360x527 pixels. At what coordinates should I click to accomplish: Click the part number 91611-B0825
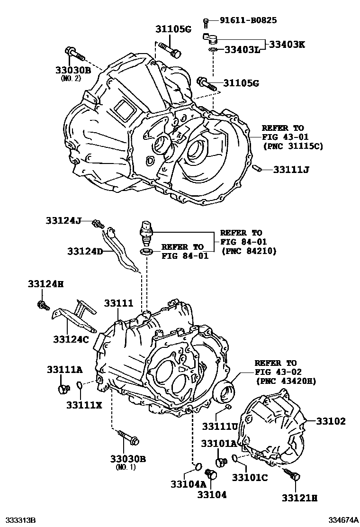coord(248,20)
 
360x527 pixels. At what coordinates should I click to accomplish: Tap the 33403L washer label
coord(242,50)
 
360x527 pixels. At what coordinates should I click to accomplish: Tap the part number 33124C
coord(71,339)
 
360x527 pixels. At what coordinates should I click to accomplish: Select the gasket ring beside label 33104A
coord(199,469)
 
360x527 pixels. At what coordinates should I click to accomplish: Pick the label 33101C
coord(250,477)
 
